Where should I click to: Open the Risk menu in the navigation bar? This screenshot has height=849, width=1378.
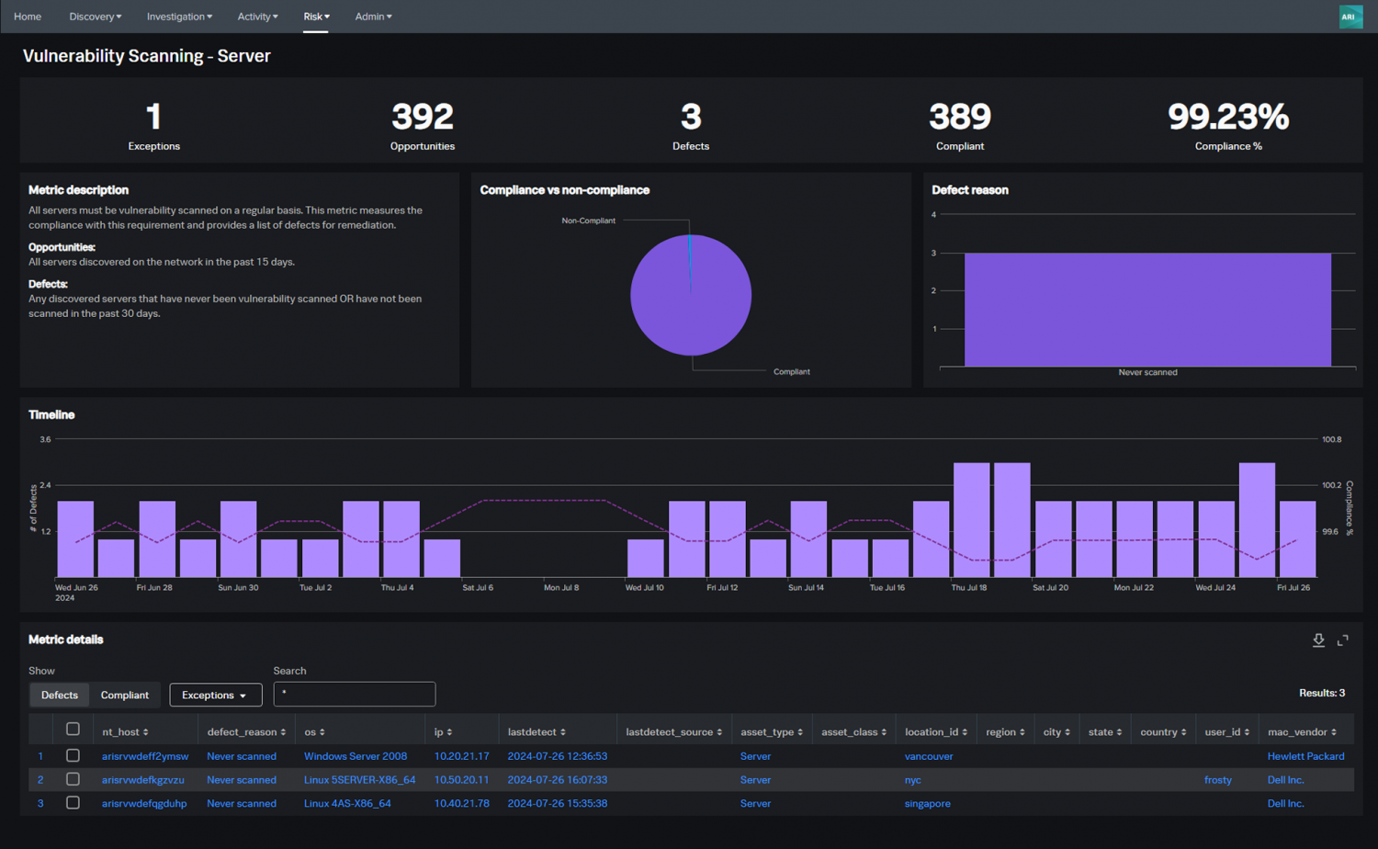316,17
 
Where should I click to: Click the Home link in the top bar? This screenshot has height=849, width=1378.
28,17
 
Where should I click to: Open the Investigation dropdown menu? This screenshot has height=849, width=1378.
179,17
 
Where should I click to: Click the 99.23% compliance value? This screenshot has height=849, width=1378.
1227,118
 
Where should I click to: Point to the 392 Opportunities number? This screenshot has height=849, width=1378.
422,118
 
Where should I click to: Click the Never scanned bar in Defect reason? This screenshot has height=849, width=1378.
1146,310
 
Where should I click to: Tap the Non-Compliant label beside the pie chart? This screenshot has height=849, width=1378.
588,221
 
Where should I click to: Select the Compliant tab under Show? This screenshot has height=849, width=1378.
125,695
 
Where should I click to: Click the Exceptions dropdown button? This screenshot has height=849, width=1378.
215,695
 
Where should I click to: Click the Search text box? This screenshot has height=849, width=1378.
355,694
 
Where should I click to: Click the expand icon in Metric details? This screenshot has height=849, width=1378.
1342,640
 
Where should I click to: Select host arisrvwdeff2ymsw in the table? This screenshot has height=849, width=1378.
145,756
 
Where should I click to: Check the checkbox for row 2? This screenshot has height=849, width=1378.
73,779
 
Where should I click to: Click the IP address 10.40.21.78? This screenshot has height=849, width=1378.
461,803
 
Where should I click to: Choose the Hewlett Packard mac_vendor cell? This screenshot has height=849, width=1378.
1305,756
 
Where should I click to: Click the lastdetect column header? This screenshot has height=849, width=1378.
536,732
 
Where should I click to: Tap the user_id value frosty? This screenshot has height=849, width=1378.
1217,780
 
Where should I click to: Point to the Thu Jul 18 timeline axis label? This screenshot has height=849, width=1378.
969,587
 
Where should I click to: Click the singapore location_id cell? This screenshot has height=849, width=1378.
927,803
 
